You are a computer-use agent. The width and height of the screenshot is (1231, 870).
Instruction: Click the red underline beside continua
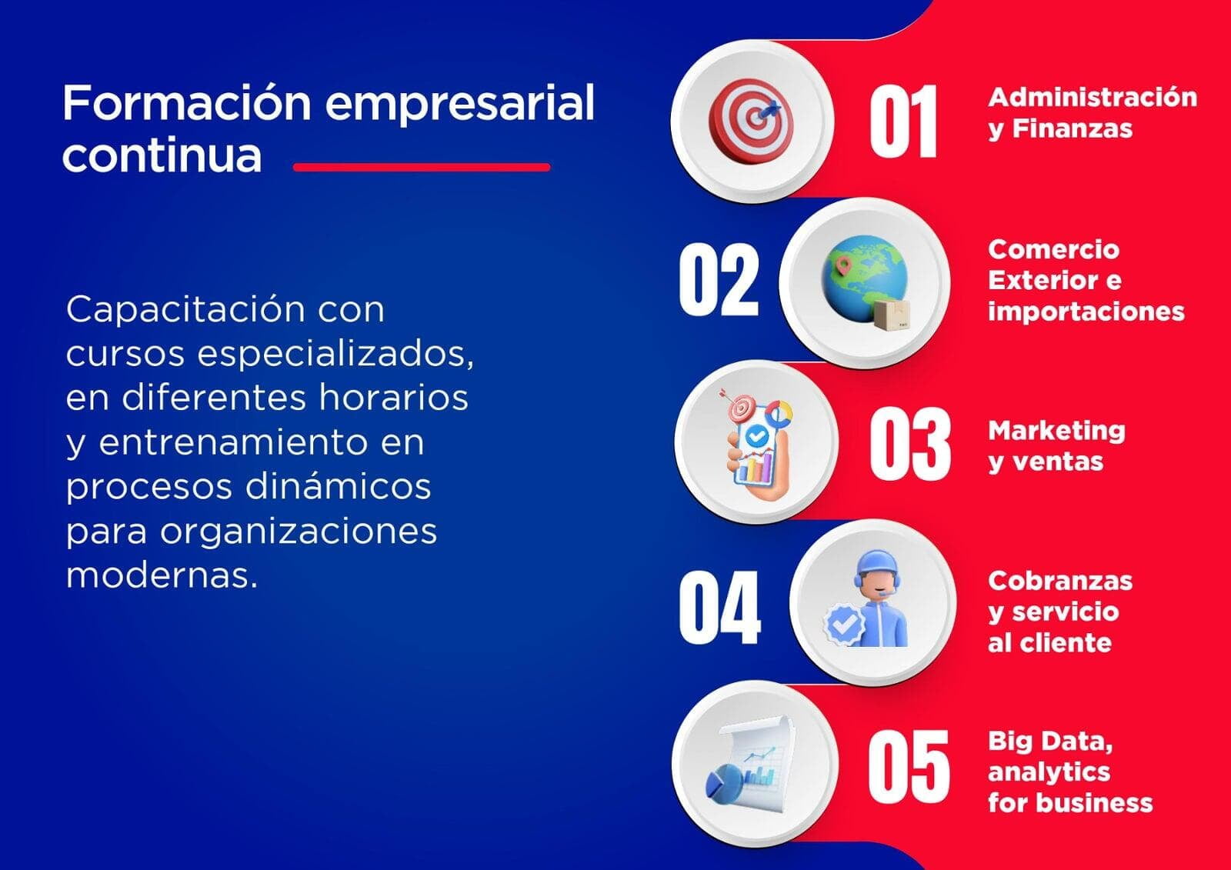(x=422, y=167)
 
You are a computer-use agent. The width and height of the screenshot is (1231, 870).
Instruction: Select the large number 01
(x=903, y=122)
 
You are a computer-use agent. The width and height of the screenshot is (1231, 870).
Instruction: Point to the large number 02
(x=719, y=280)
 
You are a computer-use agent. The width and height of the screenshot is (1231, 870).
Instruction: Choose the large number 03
(x=909, y=444)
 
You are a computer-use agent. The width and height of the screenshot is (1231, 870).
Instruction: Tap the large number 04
(x=720, y=607)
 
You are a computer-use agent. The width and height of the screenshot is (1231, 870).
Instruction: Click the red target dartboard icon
(x=751, y=120)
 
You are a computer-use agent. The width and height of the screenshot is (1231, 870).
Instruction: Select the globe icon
(x=862, y=278)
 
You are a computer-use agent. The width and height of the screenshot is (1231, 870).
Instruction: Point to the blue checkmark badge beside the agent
(x=843, y=624)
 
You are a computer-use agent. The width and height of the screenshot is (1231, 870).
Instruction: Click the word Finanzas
(x=1073, y=128)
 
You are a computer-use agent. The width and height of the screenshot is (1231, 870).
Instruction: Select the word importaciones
(x=1086, y=312)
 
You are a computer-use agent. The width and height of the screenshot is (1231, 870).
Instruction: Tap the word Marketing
(x=1057, y=431)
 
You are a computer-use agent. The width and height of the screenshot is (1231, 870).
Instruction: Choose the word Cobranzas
(x=1060, y=581)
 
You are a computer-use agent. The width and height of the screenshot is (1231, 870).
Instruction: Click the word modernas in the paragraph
(x=162, y=576)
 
